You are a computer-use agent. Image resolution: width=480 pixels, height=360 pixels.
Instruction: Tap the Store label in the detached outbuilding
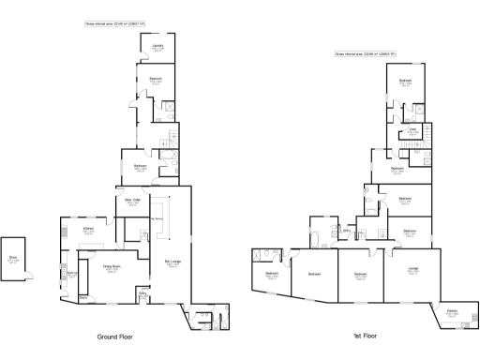click(14, 261)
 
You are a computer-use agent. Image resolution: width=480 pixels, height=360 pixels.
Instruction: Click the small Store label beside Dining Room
click(83, 297)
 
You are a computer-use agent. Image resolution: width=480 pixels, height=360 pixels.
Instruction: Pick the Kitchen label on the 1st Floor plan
click(451, 313)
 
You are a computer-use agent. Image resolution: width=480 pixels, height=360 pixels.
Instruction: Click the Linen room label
click(412, 132)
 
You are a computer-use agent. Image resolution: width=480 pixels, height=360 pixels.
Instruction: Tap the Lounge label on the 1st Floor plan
click(413, 270)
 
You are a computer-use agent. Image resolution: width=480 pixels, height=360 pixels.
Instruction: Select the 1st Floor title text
click(365, 335)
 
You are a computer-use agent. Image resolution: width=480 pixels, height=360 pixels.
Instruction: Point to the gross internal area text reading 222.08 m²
click(366, 54)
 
